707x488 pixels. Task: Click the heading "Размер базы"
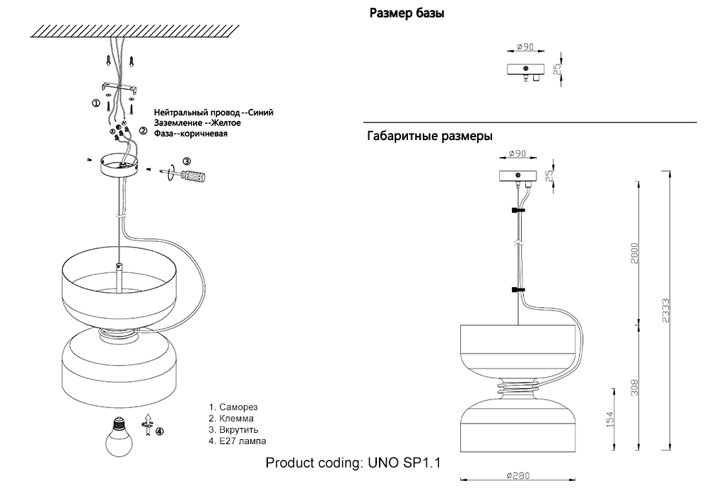click(x=407, y=13)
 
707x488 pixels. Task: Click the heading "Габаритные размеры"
click(x=430, y=136)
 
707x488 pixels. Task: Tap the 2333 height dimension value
click(x=667, y=310)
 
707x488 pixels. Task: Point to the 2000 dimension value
click(x=635, y=254)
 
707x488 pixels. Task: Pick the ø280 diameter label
click(x=518, y=477)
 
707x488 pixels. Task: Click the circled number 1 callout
click(x=96, y=103)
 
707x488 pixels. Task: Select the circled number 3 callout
click(x=187, y=161)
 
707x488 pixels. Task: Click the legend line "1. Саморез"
click(x=233, y=407)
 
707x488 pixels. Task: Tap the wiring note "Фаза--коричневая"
click(x=191, y=133)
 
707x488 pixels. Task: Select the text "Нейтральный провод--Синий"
click(x=214, y=112)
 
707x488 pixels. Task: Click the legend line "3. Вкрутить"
click(x=234, y=430)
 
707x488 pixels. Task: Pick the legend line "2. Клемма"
click(x=231, y=419)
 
